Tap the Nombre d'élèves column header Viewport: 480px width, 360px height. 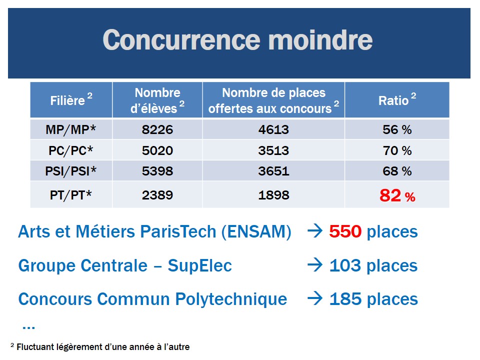(157, 100)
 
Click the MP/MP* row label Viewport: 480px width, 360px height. (70, 130)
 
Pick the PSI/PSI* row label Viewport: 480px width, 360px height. (70, 171)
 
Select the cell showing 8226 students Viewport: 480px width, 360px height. (157, 130)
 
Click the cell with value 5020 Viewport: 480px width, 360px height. (157, 150)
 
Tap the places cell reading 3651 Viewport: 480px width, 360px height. (273, 171)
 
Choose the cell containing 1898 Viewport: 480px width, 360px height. (273, 195)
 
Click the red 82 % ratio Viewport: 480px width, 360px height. (397, 196)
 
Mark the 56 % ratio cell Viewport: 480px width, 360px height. (397, 130)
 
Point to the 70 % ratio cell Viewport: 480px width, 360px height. (397, 150)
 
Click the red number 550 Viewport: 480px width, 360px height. (345, 232)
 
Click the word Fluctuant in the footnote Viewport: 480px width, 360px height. (36, 346)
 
